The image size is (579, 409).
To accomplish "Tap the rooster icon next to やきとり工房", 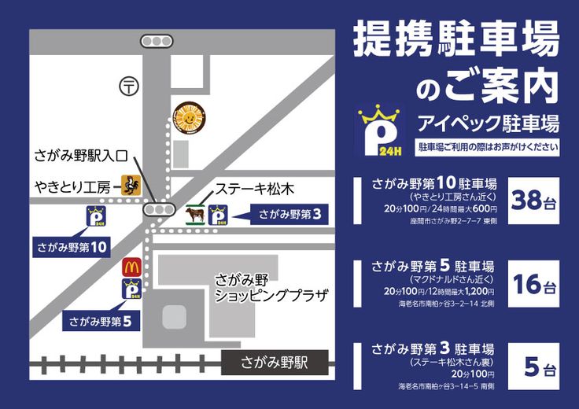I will tap(131, 185).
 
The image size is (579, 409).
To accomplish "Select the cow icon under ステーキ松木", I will tap(194, 215).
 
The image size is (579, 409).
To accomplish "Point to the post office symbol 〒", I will tap(126, 85).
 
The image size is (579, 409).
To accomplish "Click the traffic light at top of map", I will tap(157, 41).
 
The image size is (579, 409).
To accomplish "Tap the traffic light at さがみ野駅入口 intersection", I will tap(158, 209).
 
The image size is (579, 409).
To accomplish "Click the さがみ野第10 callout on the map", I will tap(72, 246).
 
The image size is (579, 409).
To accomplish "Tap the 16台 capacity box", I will tap(533, 284).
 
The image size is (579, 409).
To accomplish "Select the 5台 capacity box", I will tap(533, 367).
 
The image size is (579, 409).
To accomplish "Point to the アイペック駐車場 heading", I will tap(488, 123).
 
